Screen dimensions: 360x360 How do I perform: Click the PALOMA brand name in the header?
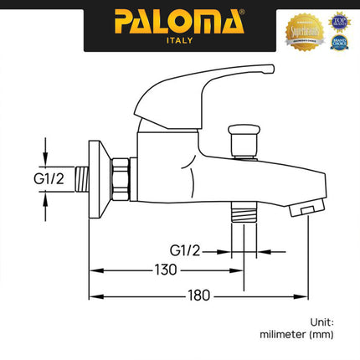pos(180,18)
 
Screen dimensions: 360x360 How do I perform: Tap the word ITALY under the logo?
pos(180,39)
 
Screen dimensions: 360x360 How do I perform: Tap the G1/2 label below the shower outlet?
pos(185,249)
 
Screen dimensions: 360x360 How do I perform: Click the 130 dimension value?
pos(167,270)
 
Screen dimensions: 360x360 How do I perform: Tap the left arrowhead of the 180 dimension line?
pos(95,296)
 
